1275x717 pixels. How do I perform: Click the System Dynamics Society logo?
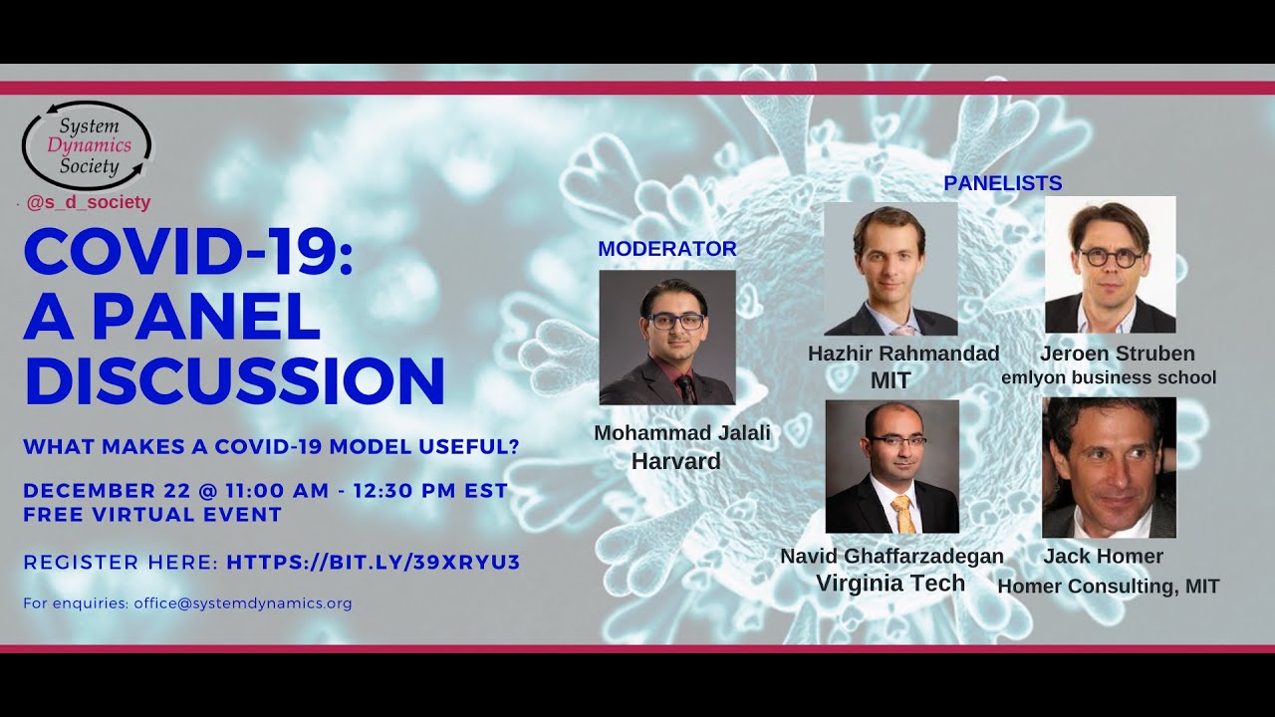click(x=87, y=145)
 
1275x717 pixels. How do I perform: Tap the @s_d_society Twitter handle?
click(x=89, y=202)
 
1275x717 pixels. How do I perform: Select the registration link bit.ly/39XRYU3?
click(x=374, y=563)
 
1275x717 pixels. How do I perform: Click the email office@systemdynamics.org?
click(x=243, y=603)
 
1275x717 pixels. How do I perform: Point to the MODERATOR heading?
click(x=667, y=249)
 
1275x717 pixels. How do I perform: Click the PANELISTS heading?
click(x=1003, y=183)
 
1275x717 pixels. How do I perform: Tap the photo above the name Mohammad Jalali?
click(x=667, y=338)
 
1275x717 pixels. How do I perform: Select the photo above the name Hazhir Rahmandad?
click(x=891, y=269)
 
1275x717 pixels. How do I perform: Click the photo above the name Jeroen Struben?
click(x=1111, y=265)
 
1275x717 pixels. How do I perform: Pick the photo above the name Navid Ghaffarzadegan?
click(x=892, y=467)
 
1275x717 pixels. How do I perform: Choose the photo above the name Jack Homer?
click(x=1109, y=468)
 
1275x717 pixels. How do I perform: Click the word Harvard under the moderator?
click(x=676, y=461)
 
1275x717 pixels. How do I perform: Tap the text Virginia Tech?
click(x=891, y=584)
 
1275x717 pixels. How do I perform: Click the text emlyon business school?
click(x=1109, y=377)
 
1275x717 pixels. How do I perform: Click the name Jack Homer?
click(x=1103, y=556)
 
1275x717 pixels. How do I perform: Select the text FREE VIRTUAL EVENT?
click(x=152, y=515)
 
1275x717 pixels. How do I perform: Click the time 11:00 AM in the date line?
click(x=277, y=491)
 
